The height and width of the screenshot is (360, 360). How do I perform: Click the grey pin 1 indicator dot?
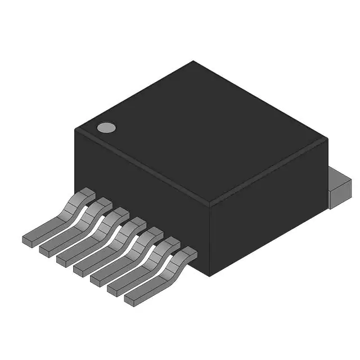point(106,128)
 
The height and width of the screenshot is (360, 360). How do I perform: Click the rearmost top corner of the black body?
point(193,61)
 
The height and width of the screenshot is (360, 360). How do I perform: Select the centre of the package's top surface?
point(201,132)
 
